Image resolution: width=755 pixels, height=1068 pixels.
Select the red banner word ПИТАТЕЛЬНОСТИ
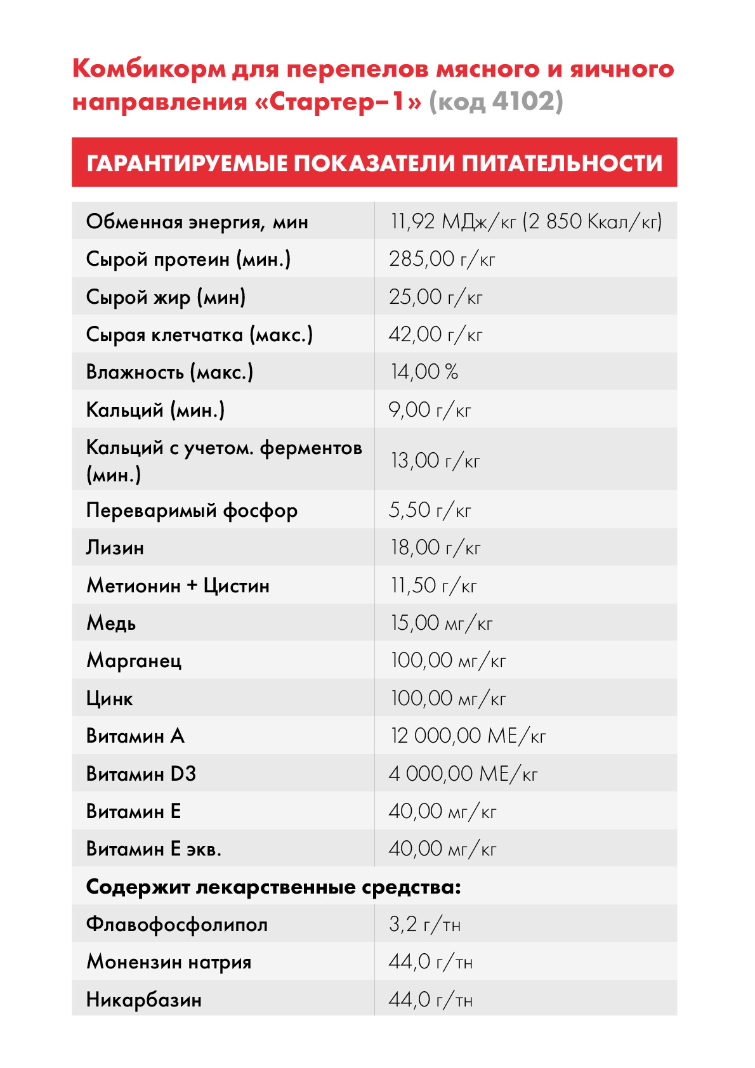pyautogui.click(x=561, y=163)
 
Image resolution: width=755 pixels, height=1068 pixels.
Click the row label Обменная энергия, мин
pyautogui.click(x=197, y=222)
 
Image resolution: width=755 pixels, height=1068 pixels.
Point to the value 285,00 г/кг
pyautogui.click(x=442, y=259)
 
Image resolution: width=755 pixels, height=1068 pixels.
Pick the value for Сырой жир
pyautogui.click(x=435, y=297)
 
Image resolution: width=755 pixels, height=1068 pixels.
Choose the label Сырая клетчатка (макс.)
pyautogui.click(x=199, y=335)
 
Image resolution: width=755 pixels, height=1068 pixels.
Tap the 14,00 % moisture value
pyautogui.click(x=424, y=372)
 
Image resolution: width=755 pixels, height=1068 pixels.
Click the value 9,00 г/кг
pyautogui.click(x=430, y=410)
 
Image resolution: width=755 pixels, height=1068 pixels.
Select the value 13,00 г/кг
pyautogui.click(x=435, y=460)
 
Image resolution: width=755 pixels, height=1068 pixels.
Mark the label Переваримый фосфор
pyautogui.click(x=192, y=511)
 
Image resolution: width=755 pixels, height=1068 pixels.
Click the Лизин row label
pyautogui.click(x=115, y=548)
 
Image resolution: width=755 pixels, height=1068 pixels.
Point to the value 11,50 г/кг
pyautogui.click(x=433, y=585)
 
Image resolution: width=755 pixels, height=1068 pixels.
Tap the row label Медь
pyautogui.click(x=111, y=623)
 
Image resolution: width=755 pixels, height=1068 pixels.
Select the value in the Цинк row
pyautogui.click(x=448, y=699)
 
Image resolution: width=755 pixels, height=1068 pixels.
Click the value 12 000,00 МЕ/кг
pyautogui.click(x=468, y=736)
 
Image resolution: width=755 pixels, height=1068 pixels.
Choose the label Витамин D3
pyautogui.click(x=141, y=774)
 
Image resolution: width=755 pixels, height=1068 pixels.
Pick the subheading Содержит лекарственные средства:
pyautogui.click(x=273, y=887)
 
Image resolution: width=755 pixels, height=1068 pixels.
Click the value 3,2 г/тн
pyautogui.click(x=424, y=925)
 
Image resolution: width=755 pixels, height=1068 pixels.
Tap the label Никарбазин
pyautogui.click(x=144, y=1000)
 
